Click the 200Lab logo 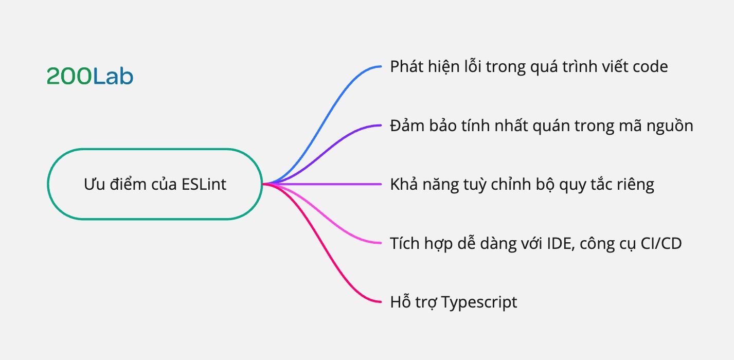pos(90,76)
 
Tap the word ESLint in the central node pos(204,184)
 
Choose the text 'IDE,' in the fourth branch pos(561,244)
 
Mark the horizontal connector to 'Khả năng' pos(323,184)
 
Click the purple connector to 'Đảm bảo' pos(328,148)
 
